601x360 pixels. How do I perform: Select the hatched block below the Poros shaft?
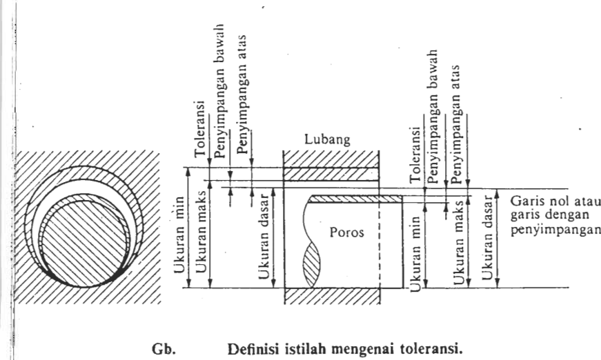click(x=331, y=295)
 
